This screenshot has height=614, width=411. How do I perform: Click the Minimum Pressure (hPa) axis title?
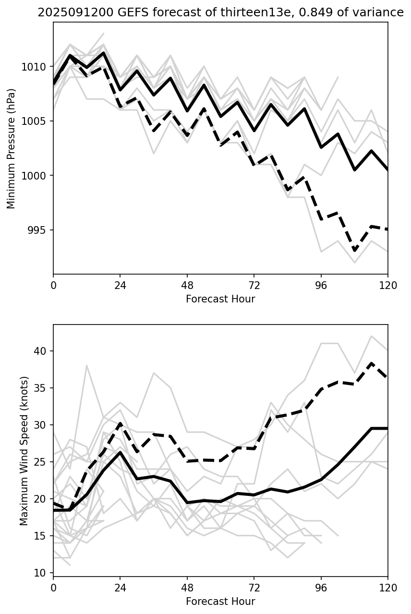click(x=11, y=148)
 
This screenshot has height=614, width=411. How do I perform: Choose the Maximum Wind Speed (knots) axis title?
click(x=24, y=450)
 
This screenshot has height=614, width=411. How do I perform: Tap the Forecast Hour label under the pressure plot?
click(x=220, y=299)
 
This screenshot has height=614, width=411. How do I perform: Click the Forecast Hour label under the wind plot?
click(x=220, y=602)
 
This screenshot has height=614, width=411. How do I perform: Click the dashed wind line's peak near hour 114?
click(x=371, y=364)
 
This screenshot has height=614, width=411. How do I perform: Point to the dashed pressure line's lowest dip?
click(x=354, y=251)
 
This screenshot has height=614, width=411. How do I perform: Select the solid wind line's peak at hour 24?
click(x=120, y=452)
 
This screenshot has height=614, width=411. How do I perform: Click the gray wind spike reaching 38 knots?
click(x=87, y=365)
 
